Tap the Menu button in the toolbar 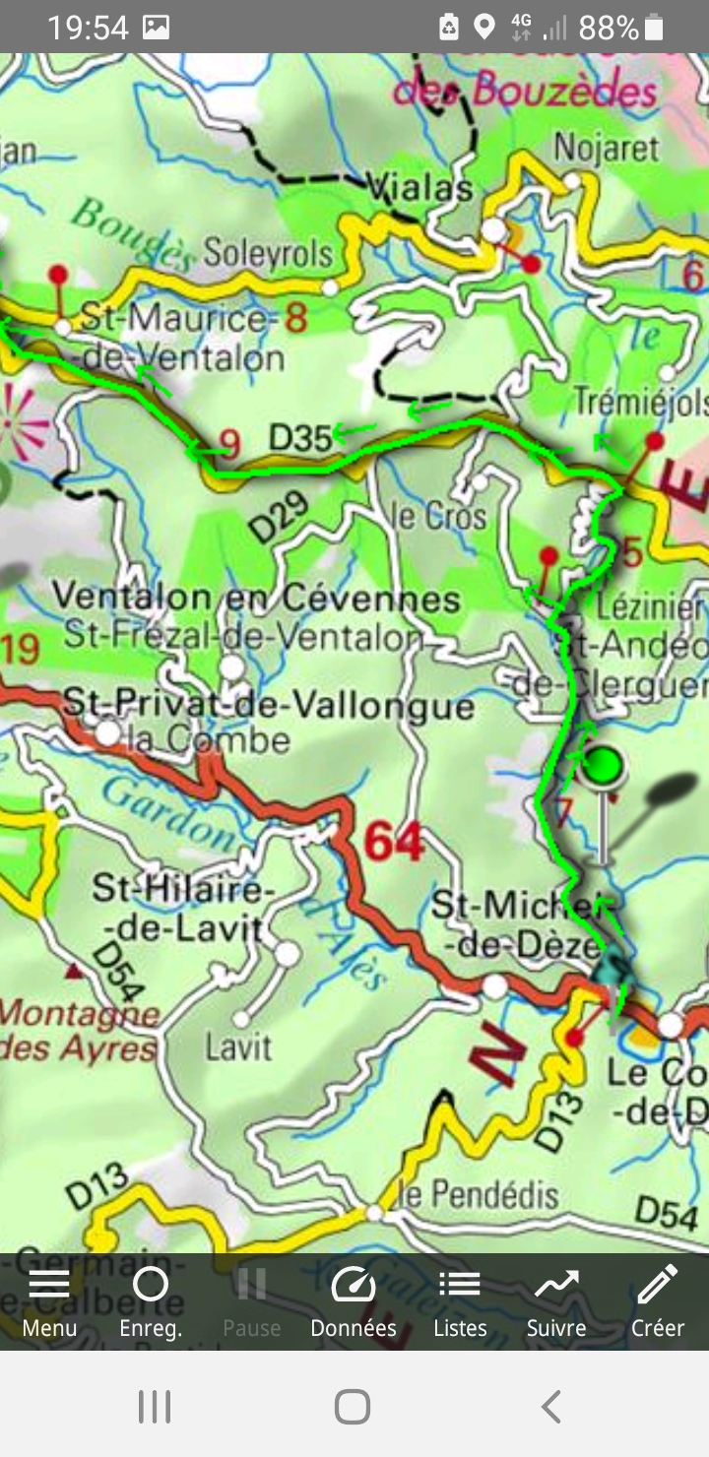(x=49, y=1301)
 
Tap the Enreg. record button (x=151, y=1301)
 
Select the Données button (x=354, y=1301)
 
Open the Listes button (x=460, y=1301)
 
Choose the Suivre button (x=556, y=1301)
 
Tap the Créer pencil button (x=657, y=1301)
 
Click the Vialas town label (x=419, y=187)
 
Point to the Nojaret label (x=606, y=147)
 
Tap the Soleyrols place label (x=268, y=254)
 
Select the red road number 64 (x=394, y=842)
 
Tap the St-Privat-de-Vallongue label (x=268, y=706)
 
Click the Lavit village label (x=237, y=1046)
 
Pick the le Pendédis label (x=480, y=1196)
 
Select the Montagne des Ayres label (x=79, y=1031)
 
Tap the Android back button (x=551, y=1407)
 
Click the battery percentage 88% (x=609, y=28)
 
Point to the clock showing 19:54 (x=88, y=28)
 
